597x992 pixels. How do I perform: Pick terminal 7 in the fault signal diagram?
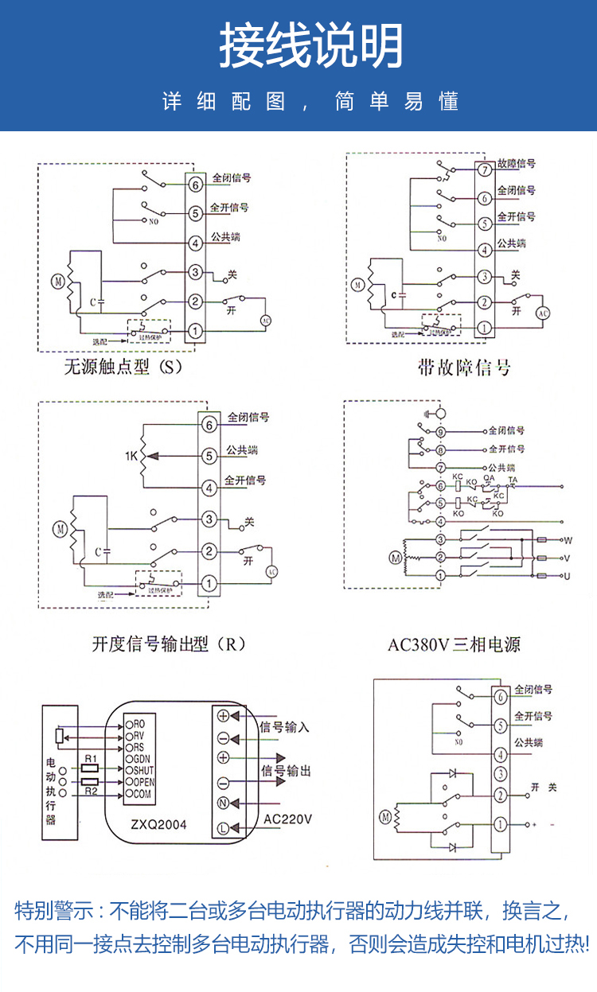[x=483, y=169]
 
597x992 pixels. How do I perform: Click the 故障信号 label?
[x=516, y=164]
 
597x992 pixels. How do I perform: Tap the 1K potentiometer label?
[x=131, y=456]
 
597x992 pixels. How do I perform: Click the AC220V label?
[x=287, y=819]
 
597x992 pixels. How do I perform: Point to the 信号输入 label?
[x=285, y=727]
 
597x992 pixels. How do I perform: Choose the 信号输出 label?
[x=286, y=771]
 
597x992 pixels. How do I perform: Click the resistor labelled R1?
[x=90, y=768]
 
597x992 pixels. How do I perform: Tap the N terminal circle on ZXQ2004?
[x=224, y=803]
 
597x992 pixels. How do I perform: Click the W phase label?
[x=568, y=540]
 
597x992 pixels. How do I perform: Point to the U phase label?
[x=567, y=575]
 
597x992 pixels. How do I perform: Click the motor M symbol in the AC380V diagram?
[x=396, y=558]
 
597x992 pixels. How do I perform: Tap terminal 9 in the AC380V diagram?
[x=440, y=431]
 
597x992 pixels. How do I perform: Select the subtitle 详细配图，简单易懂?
[x=310, y=102]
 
